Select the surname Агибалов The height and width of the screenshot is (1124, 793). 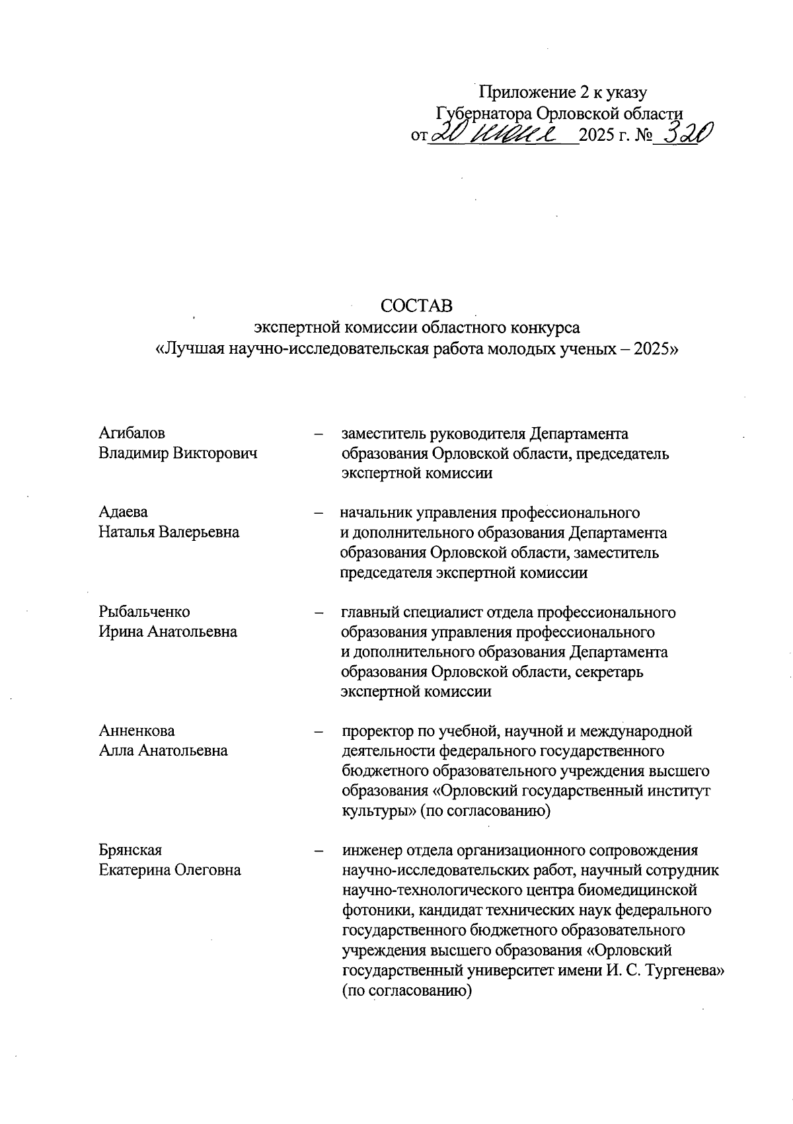click(x=132, y=433)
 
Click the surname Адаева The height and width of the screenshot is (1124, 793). click(x=124, y=512)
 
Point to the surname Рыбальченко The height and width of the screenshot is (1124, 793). click(x=144, y=612)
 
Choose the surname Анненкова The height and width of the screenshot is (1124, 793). click(x=137, y=731)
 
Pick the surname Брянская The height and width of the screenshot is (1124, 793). click(x=130, y=850)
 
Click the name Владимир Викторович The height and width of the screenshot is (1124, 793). click(x=178, y=453)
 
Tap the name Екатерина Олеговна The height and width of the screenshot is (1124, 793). click(x=170, y=870)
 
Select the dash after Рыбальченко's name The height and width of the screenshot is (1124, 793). click(x=319, y=612)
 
